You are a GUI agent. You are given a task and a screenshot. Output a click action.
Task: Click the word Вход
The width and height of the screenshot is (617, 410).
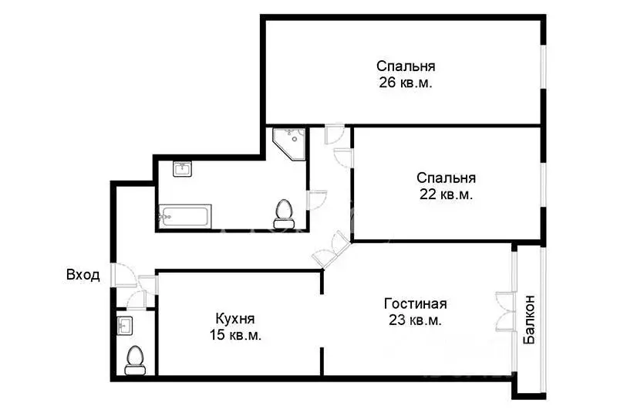click(83, 275)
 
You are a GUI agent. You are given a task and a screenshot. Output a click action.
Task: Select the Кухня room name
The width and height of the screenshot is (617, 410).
click(235, 318)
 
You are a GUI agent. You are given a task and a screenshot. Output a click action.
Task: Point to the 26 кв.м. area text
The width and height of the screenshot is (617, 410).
click(405, 83)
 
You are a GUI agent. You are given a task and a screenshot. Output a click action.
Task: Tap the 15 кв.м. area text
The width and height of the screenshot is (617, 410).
click(235, 335)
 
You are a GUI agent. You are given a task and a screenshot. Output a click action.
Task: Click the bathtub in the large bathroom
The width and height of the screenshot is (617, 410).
click(184, 215)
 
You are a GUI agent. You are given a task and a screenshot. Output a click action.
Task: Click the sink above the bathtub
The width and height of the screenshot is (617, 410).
click(182, 169)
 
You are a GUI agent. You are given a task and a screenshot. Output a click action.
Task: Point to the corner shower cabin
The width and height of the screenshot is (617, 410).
click(289, 143)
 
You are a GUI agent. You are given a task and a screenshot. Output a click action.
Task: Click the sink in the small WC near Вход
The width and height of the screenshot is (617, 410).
click(126, 324)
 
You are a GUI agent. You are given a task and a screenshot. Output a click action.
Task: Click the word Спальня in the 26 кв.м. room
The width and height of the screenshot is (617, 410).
click(406, 66)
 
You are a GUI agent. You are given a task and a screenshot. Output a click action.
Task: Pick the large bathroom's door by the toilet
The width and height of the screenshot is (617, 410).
click(316, 200)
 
